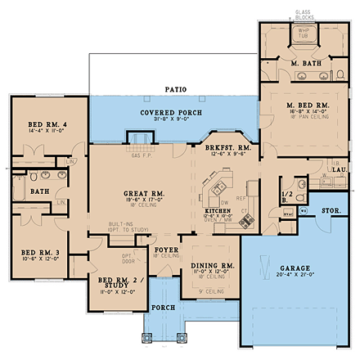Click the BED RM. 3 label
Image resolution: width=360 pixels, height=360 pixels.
click(x=41, y=252)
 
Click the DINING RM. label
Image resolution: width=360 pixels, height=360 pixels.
click(x=212, y=266)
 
